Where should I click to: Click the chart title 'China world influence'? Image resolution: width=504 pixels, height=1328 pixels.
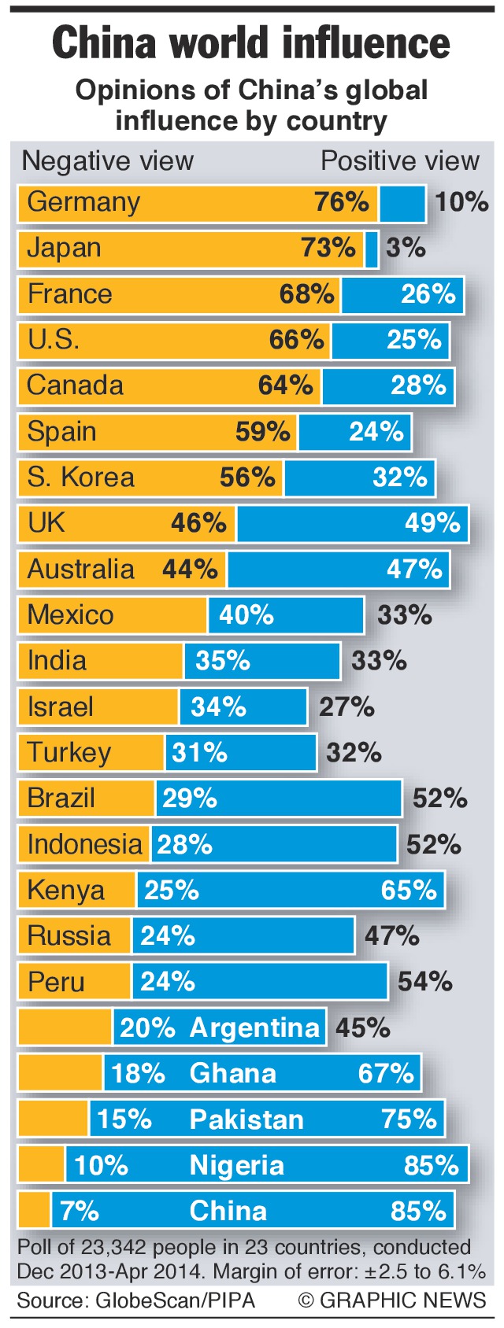pyautogui.click(x=251, y=43)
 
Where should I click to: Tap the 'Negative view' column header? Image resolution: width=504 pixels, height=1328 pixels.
pyautogui.click(x=107, y=161)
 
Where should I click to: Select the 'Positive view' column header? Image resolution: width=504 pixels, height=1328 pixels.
pyautogui.click(x=399, y=161)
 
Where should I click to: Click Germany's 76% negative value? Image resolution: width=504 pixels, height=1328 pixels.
pyautogui.click(x=341, y=202)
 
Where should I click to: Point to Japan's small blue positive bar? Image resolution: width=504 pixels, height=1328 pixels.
pyautogui.click(x=372, y=249)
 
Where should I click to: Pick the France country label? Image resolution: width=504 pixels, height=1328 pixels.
pyautogui.click(x=69, y=294)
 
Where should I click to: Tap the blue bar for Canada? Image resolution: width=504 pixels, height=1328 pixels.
pyautogui.click(x=387, y=385)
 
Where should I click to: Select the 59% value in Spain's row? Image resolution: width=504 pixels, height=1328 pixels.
pyautogui.click(x=262, y=432)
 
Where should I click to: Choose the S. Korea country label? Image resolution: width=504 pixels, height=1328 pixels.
pyautogui.click(x=80, y=478)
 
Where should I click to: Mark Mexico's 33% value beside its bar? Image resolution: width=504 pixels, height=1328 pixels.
pyautogui.click(x=404, y=615)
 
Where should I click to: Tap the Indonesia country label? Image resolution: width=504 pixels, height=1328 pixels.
pyautogui.click(x=84, y=844)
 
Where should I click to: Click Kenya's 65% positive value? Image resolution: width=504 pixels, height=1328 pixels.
pyautogui.click(x=409, y=890)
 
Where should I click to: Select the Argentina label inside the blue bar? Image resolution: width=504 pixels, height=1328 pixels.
pyautogui.click(x=254, y=1027)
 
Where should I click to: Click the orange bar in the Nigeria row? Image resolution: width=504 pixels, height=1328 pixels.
pyautogui.click(x=41, y=1165)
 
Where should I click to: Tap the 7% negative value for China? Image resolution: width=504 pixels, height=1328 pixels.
pyautogui.click(x=80, y=1211)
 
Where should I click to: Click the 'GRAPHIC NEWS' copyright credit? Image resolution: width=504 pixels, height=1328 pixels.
pyautogui.click(x=392, y=1300)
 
